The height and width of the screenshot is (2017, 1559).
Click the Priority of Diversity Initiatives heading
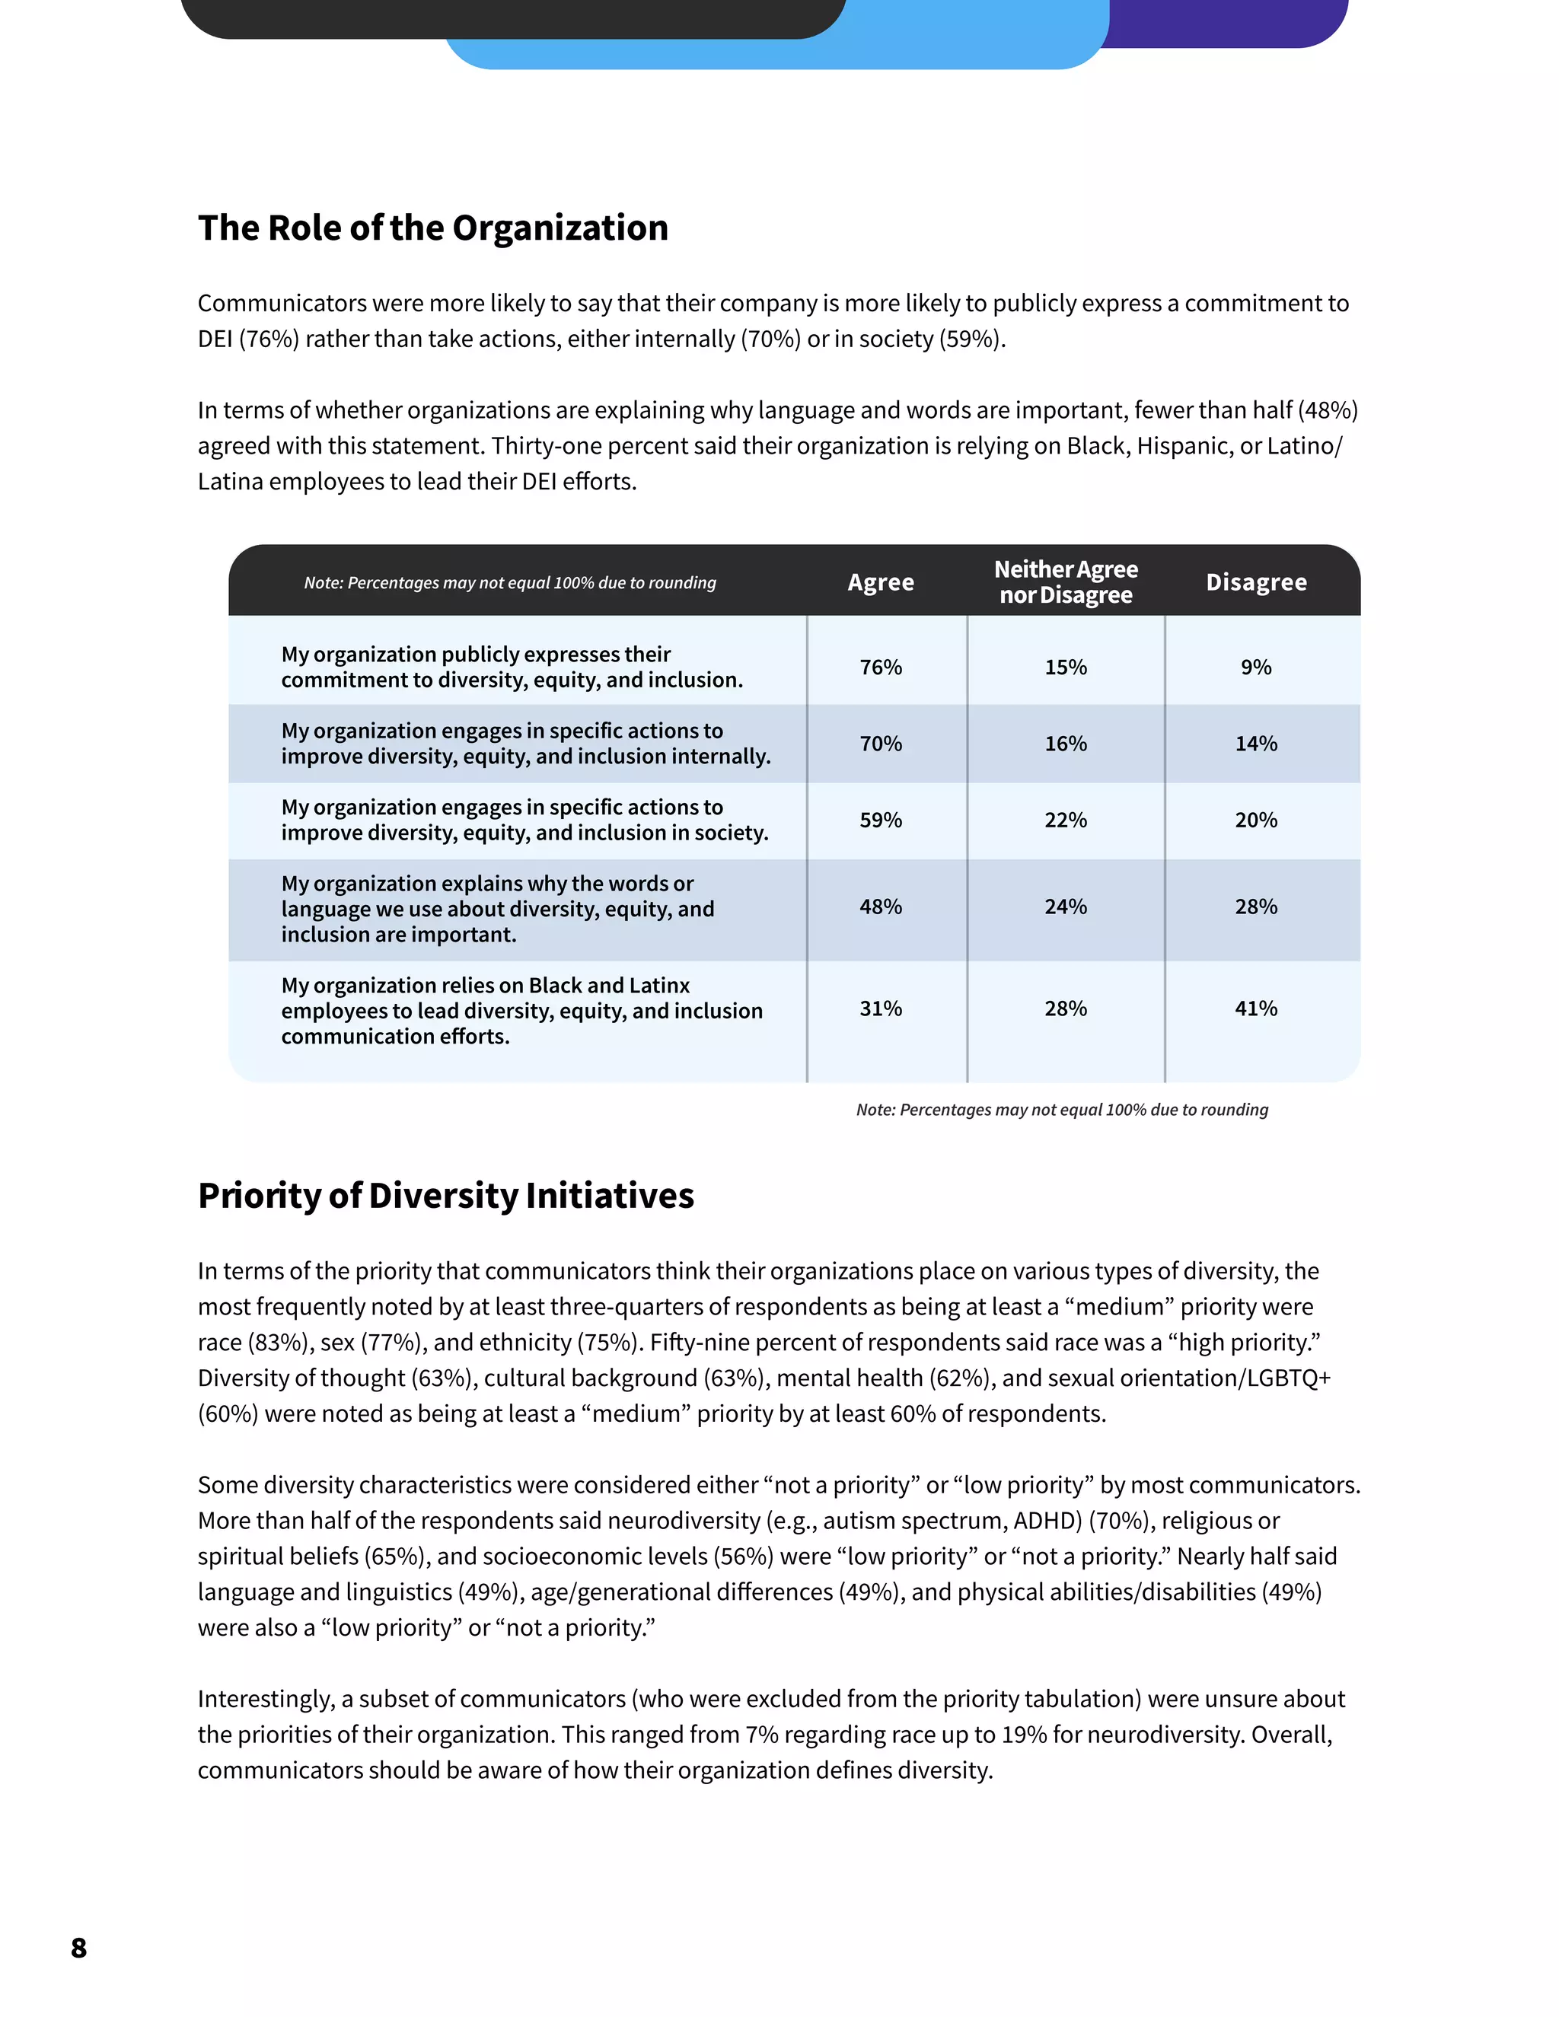pos(445,1195)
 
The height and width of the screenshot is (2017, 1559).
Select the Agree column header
pos(880,582)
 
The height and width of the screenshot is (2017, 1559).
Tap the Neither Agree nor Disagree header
pos(1065,582)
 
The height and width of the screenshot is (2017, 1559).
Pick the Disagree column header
pos(1255,582)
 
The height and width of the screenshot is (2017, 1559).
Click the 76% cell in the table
pos(880,667)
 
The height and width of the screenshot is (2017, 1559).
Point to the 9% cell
pos(1255,667)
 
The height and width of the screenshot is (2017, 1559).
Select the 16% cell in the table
pos(1065,744)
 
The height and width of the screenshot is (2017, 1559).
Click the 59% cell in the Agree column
pos(880,820)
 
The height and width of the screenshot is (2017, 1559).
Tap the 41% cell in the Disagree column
pos(1255,1008)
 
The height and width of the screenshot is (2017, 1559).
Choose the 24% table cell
pos(1065,907)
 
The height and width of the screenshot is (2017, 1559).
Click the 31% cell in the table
pos(880,1008)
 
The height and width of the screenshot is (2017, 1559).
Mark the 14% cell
pos(1255,744)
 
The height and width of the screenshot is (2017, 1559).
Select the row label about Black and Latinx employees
pos(521,1010)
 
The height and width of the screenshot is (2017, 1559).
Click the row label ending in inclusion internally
pos(524,744)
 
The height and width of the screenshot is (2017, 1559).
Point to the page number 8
pos(78,1948)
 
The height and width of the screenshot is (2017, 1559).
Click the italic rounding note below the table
pos(1061,1109)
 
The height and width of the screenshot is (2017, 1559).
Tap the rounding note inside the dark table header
pos(510,583)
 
